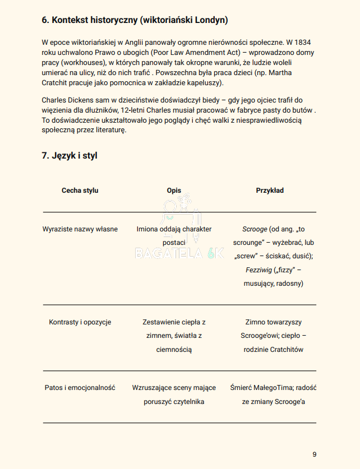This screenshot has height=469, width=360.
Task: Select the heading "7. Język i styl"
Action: [70, 155]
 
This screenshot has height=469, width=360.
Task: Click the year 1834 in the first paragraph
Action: [302, 42]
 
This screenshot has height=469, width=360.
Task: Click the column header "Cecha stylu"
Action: [80, 191]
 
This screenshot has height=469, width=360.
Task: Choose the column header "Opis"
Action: [174, 191]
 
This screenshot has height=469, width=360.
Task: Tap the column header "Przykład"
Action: [270, 191]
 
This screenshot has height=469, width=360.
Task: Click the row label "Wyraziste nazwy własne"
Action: [80, 229]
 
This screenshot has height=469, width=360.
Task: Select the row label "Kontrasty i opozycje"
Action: [80, 322]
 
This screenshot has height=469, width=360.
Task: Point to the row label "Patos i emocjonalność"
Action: [80, 388]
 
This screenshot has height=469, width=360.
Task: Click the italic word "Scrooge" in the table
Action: [254, 229]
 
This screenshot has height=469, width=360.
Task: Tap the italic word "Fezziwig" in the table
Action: [259, 270]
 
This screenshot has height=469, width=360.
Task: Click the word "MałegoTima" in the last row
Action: [275, 388]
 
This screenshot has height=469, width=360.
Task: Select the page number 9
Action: [315, 454]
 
